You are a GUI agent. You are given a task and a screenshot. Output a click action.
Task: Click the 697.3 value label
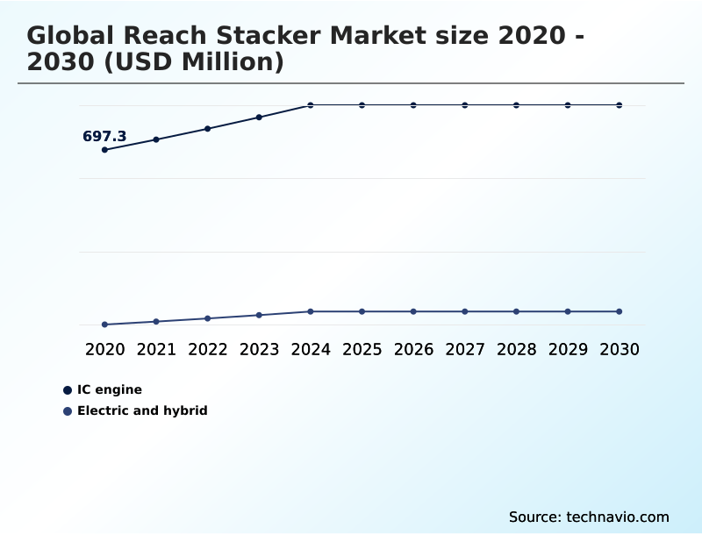pos(104,137)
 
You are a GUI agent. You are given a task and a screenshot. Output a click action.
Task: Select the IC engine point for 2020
pos(104,150)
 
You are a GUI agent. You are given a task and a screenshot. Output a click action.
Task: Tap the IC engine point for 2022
pos(208,129)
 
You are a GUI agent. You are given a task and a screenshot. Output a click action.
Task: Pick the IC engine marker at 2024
pos(311,105)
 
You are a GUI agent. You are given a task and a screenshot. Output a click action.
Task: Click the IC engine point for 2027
pos(465,105)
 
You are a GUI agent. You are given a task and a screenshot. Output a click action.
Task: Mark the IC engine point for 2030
pos(620,105)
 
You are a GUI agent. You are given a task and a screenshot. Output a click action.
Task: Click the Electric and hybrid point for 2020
pos(104,325)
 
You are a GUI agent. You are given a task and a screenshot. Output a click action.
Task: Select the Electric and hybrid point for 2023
pos(259,315)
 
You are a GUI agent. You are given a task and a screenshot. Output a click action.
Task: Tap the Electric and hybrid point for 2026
pos(413,311)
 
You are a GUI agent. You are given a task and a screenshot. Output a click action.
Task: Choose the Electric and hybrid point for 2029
pos(568,311)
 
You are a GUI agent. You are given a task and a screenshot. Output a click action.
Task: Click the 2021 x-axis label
pos(156,350)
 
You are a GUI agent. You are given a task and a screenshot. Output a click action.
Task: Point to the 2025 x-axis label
pos(362,350)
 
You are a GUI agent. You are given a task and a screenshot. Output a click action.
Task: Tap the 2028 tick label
pos(516,350)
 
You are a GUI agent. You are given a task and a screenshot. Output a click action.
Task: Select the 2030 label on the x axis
pos(620,350)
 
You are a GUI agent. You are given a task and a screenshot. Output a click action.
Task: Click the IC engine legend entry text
pos(110,390)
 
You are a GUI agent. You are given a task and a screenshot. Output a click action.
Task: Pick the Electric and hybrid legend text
pos(142,410)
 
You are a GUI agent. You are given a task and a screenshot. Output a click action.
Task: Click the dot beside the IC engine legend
pos(68,390)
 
